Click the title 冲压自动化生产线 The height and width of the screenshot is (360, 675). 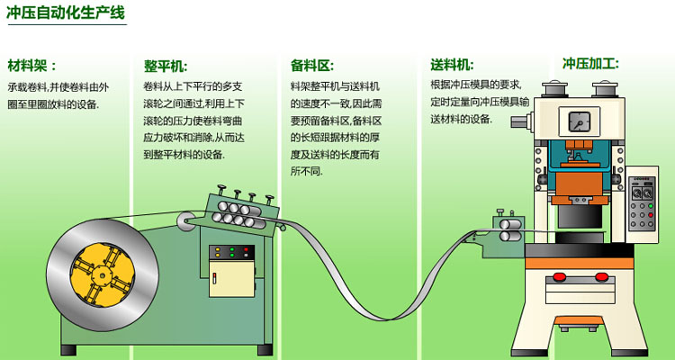click(66, 13)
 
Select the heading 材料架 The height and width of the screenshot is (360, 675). click(32, 66)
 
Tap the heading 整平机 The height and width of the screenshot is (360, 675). click(166, 66)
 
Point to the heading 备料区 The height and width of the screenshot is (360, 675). click(311, 66)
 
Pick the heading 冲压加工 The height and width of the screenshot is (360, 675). click(590, 64)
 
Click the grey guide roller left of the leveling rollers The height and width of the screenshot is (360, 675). click(186, 217)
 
